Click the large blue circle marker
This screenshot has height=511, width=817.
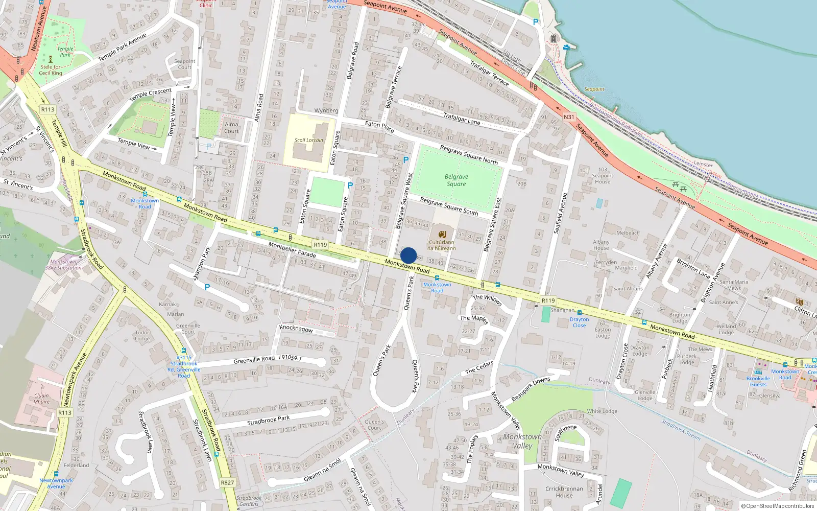(x=408, y=255)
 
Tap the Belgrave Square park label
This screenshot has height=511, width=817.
(x=456, y=180)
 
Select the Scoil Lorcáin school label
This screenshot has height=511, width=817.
(x=308, y=140)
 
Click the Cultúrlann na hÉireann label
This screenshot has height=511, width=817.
(x=441, y=245)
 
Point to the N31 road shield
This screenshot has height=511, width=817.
(x=569, y=117)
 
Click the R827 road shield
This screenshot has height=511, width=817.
(x=227, y=482)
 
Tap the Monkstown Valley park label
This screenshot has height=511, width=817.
(x=522, y=441)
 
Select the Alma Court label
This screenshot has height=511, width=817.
(x=231, y=127)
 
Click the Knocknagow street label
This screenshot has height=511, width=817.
(x=296, y=329)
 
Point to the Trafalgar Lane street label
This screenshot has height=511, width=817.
(x=462, y=119)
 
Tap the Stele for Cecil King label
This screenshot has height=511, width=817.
(x=51, y=69)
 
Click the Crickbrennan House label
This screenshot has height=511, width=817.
(x=564, y=492)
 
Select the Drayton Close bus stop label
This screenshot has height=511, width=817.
(x=579, y=322)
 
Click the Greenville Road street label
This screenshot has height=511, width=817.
(x=254, y=360)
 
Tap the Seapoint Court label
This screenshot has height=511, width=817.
(x=184, y=64)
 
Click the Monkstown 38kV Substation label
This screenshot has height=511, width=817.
(x=63, y=265)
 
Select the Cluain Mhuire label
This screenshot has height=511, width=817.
(x=41, y=398)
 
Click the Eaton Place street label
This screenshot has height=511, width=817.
(x=379, y=126)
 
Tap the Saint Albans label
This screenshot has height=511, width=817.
(x=628, y=289)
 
